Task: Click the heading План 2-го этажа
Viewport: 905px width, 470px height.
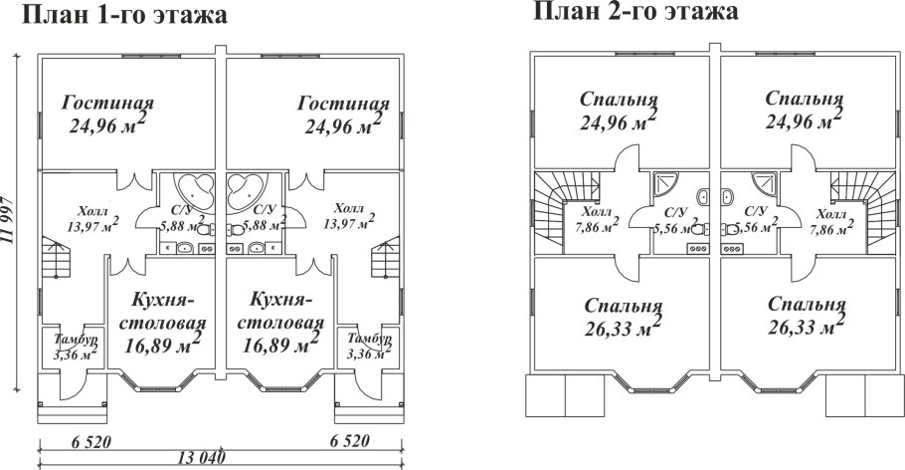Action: coord(635,12)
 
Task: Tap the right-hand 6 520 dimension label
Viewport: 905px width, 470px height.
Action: coord(364,440)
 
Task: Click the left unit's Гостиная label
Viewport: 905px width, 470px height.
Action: coord(108,114)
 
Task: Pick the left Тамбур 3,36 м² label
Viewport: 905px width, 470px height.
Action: coord(76,345)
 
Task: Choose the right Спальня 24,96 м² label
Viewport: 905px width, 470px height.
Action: coord(805,111)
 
